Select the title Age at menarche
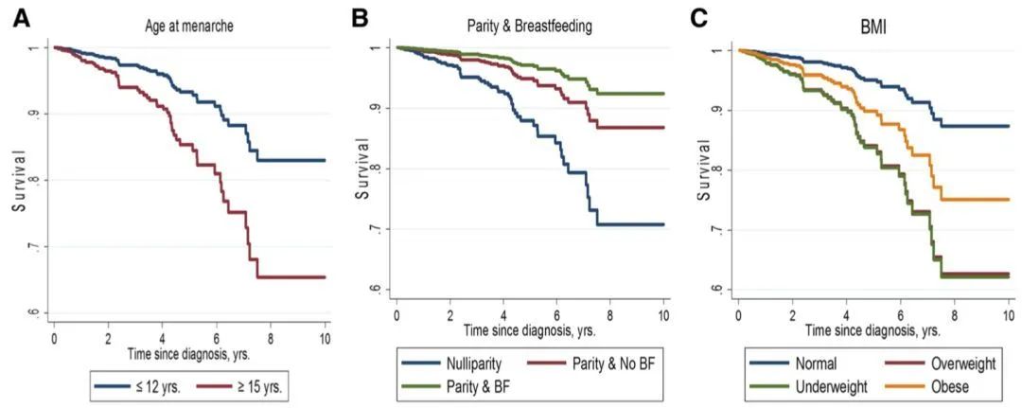pos(190,27)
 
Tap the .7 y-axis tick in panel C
pos(715,230)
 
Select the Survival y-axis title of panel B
pos(361,169)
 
